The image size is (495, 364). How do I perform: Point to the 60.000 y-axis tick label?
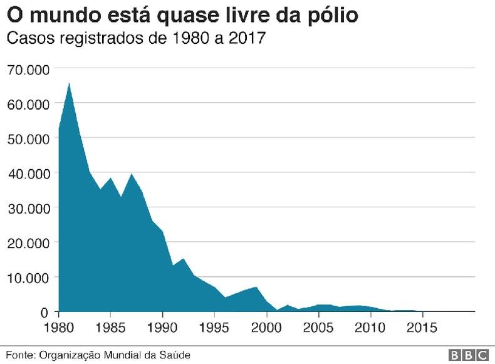(x=28, y=104)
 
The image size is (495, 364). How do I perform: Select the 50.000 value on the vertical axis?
(x=28, y=138)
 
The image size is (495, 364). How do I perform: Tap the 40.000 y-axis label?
(x=28, y=174)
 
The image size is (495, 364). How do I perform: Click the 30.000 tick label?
(x=28, y=208)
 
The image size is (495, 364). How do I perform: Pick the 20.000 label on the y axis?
(x=28, y=243)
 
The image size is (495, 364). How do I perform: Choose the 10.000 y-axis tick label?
(x=28, y=278)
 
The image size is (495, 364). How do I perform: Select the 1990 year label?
(x=163, y=328)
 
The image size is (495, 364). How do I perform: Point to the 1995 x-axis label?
(x=215, y=328)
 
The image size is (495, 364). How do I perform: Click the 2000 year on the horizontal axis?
(x=267, y=328)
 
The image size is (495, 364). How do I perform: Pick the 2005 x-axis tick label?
(x=319, y=328)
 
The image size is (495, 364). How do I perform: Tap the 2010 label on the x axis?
(x=371, y=328)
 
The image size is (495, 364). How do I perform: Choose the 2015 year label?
(x=423, y=328)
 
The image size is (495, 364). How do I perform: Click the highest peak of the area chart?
(x=69, y=84)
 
